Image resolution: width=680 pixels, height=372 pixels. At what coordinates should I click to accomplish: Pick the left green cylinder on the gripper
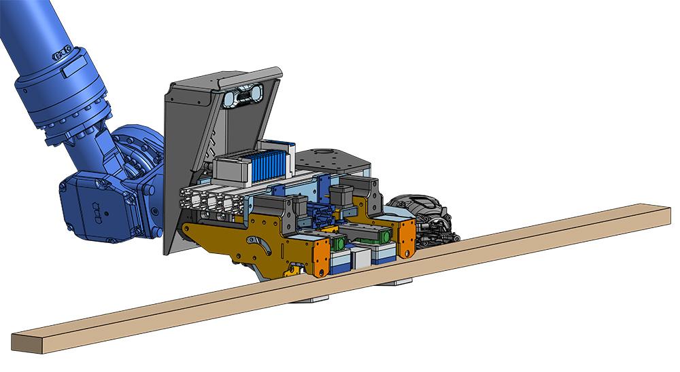(x=338, y=242)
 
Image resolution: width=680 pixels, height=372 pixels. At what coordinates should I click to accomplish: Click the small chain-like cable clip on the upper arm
(x=62, y=52)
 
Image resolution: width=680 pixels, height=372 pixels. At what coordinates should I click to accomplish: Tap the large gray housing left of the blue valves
(x=234, y=167)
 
